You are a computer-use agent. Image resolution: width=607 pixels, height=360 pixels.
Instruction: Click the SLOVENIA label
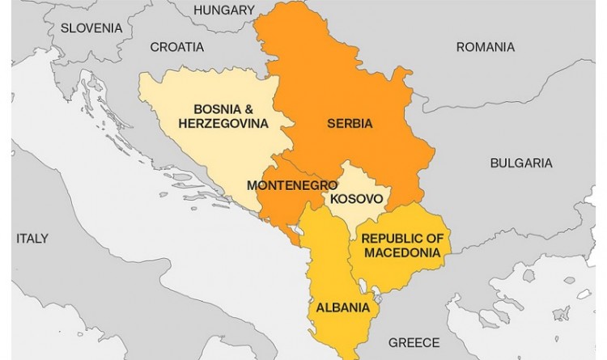point(91,28)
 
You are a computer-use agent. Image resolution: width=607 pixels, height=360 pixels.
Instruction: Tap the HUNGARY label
point(224,10)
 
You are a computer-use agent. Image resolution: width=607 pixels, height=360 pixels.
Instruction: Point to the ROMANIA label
point(485,47)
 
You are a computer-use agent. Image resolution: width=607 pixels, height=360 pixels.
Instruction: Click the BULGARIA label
point(521,163)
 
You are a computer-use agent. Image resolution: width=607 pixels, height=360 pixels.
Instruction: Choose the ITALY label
point(32,238)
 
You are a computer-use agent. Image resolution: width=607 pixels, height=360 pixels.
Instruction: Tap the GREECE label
point(413,342)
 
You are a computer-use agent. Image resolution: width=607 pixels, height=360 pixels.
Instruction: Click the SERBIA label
point(350,124)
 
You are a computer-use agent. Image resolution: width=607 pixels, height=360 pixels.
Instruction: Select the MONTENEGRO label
point(291,184)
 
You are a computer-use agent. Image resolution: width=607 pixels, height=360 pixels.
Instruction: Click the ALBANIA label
point(343,307)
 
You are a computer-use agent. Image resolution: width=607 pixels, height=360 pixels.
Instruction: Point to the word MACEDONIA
point(402,252)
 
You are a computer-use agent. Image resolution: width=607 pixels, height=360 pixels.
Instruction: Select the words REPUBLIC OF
point(402,238)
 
